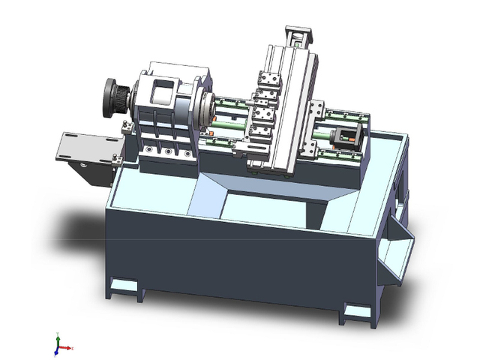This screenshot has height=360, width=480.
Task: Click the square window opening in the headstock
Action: [x=162, y=93]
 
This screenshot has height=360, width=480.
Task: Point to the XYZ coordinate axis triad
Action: [x=60, y=346]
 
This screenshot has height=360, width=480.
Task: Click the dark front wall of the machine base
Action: [x=225, y=255]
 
